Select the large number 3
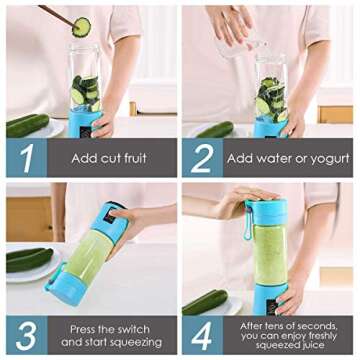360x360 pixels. point(25,335)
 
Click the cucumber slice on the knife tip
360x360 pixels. point(81,27)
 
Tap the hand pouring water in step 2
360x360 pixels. point(232,22)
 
